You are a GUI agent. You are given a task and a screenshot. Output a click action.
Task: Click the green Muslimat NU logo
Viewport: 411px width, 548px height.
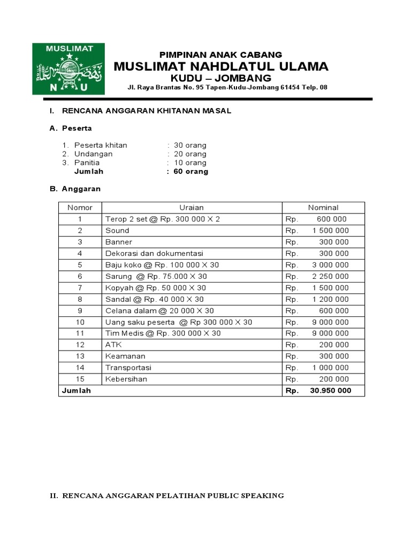tap(68, 68)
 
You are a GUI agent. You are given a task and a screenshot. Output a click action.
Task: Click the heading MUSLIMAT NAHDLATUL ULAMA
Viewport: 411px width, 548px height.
tap(221, 66)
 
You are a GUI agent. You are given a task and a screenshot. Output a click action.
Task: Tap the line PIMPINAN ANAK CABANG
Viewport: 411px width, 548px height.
tap(221, 55)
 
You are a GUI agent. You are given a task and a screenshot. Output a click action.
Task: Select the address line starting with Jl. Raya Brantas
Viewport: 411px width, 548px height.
tap(227, 88)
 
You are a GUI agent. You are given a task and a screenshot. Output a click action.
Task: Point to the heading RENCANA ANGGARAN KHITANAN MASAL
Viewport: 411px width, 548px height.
tap(147, 111)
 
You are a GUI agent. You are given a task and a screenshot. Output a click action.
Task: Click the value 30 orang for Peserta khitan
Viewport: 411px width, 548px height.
tap(190, 145)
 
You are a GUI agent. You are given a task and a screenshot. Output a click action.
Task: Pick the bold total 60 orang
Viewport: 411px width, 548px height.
tap(191, 172)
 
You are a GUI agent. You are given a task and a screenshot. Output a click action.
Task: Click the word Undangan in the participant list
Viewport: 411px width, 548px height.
tap(93, 154)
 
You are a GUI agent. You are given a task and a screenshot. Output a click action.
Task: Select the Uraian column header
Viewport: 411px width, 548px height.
tap(192, 208)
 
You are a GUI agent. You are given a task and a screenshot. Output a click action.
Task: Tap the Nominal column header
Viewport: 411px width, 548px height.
tap(323, 208)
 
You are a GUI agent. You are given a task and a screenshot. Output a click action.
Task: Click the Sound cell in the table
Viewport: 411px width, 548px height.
tap(118, 231)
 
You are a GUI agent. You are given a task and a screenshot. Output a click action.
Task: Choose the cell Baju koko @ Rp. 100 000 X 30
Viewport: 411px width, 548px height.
tap(162, 265)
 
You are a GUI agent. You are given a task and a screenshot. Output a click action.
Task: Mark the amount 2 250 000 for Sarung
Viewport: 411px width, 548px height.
tap(330, 276)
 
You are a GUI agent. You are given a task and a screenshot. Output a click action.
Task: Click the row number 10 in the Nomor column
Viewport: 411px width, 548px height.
tap(80, 322)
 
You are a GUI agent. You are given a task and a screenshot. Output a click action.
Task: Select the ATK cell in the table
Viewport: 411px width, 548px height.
tap(113, 345)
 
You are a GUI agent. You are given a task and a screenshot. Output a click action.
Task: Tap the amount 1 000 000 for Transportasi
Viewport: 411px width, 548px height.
tap(330, 368)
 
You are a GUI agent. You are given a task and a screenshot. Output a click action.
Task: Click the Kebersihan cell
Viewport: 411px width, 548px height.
tap(126, 379)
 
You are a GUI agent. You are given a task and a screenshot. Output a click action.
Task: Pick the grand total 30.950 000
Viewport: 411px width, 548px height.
tap(330, 391)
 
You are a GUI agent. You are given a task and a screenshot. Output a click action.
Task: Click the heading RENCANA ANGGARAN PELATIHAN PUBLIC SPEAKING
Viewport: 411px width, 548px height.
tap(166, 496)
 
